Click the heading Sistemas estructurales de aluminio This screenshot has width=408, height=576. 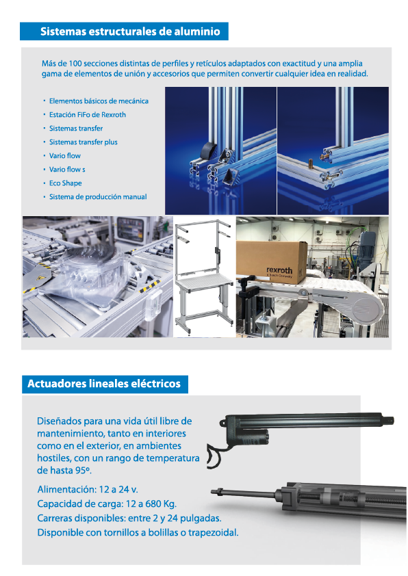tap(130, 31)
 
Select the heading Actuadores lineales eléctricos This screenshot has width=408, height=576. tap(104, 384)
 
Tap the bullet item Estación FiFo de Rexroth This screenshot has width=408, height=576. tap(88, 115)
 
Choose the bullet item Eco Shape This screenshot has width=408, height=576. tap(66, 183)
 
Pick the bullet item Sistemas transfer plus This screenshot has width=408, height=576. tap(84, 142)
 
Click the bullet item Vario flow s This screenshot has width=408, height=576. tap(67, 170)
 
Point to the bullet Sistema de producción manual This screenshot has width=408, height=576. tap(98, 197)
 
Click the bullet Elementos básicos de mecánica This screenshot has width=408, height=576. tap(99, 101)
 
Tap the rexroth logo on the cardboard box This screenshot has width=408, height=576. tap(279, 272)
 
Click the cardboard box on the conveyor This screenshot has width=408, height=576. tap(272, 261)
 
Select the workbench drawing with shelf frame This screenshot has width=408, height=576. tap(204, 277)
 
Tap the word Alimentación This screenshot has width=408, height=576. tap(66, 490)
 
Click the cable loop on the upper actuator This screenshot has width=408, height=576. tap(213, 455)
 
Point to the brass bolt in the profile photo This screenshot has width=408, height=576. tap(311, 162)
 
